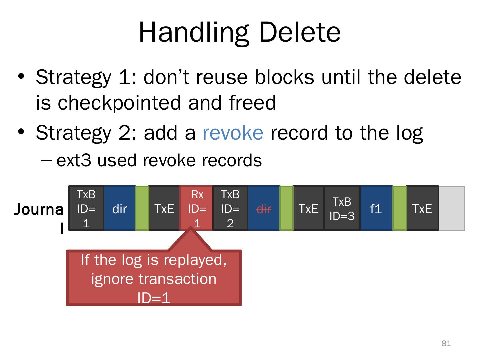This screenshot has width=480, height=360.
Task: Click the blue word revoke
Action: pyautogui.click(x=233, y=132)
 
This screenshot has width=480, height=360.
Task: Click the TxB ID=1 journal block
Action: pyautogui.click(x=86, y=208)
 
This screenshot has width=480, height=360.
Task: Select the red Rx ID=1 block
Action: pyautogui.click(x=197, y=208)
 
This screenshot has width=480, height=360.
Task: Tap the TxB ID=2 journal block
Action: pyautogui.click(x=230, y=208)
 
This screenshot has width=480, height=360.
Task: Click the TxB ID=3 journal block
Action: pyautogui.click(x=342, y=208)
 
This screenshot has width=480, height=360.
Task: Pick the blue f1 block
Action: pyautogui.click(x=376, y=208)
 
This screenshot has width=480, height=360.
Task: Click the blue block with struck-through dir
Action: pyautogui.click(x=264, y=208)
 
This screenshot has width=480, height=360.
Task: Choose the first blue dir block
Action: pyautogui.click(x=120, y=208)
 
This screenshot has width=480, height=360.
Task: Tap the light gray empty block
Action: pyautogui.click(x=452, y=208)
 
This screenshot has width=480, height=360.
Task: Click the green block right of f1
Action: pyautogui.click(x=400, y=208)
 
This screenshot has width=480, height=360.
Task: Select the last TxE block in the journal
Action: pyautogui.click(x=422, y=208)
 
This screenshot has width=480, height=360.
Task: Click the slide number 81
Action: pyautogui.click(x=446, y=343)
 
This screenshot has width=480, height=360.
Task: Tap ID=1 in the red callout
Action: pyautogui.click(x=154, y=298)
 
